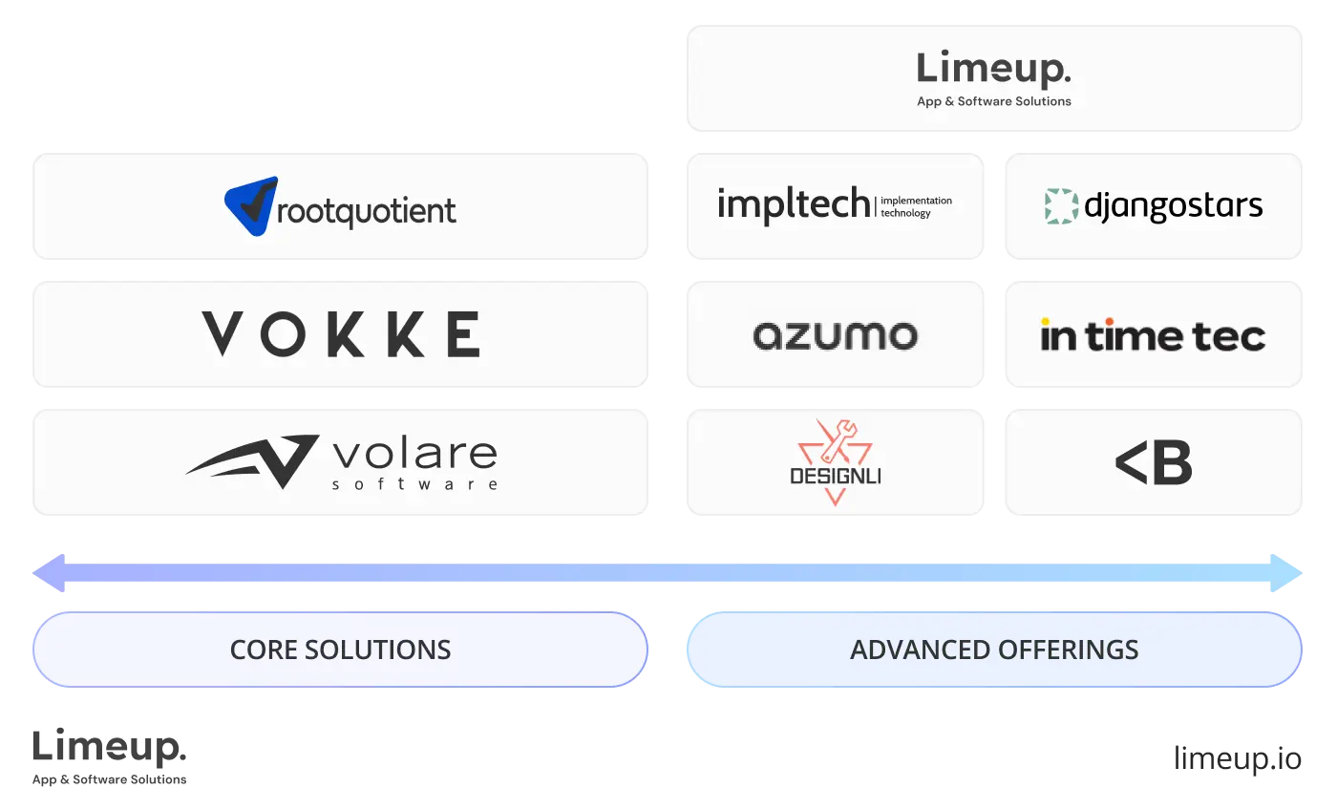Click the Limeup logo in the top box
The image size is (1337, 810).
click(x=993, y=69)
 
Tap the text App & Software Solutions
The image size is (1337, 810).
click(x=993, y=101)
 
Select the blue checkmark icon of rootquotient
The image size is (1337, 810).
click(x=251, y=205)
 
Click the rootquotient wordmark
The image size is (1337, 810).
click(x=366, y=211)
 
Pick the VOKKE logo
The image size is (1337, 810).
click(x=340, y=334)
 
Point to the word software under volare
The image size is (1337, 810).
click(x=414, y=484)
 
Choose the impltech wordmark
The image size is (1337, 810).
click(x=793, y=205)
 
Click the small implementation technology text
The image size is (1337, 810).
click(x=915, y=207)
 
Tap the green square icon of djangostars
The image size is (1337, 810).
click(x=1061, y=206)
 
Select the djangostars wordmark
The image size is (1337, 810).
click(x=1174, y=206)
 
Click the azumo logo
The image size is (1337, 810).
click(x=835, y=335)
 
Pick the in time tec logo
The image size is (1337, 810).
click(x=1153, y=336)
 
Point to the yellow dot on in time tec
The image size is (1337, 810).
click(x=1046, y=322)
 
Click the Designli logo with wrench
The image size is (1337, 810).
click(x=835, y=461)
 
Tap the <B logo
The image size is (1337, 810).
click(x=1153, y=463)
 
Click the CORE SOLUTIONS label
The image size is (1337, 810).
click(x=340, y=650)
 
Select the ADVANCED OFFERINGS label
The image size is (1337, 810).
click(x=993, y=650)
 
